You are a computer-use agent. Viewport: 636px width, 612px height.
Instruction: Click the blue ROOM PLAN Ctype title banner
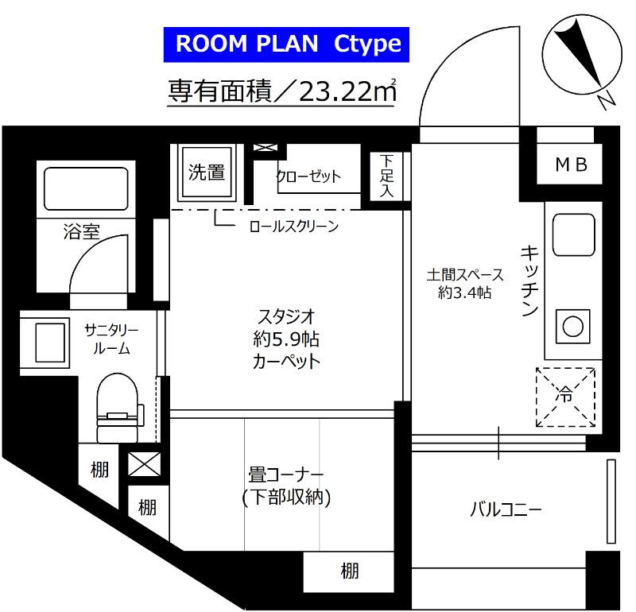click(x=287, y=44)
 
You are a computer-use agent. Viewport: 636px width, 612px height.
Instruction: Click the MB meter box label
click(x=570, y=165)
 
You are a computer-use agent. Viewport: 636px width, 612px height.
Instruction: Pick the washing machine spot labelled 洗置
click(x=205, y=172)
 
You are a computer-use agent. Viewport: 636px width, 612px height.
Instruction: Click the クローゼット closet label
click(x=308, y=176)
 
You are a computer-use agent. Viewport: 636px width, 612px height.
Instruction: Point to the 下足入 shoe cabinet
click(x=386, y=175)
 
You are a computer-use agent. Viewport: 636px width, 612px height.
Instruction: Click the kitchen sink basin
click(x=572, y=234)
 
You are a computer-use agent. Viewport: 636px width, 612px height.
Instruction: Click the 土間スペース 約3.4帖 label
click(x=465, y=284)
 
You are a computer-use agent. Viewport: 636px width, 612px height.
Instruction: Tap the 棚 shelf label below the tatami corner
click(x=349, y=570)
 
